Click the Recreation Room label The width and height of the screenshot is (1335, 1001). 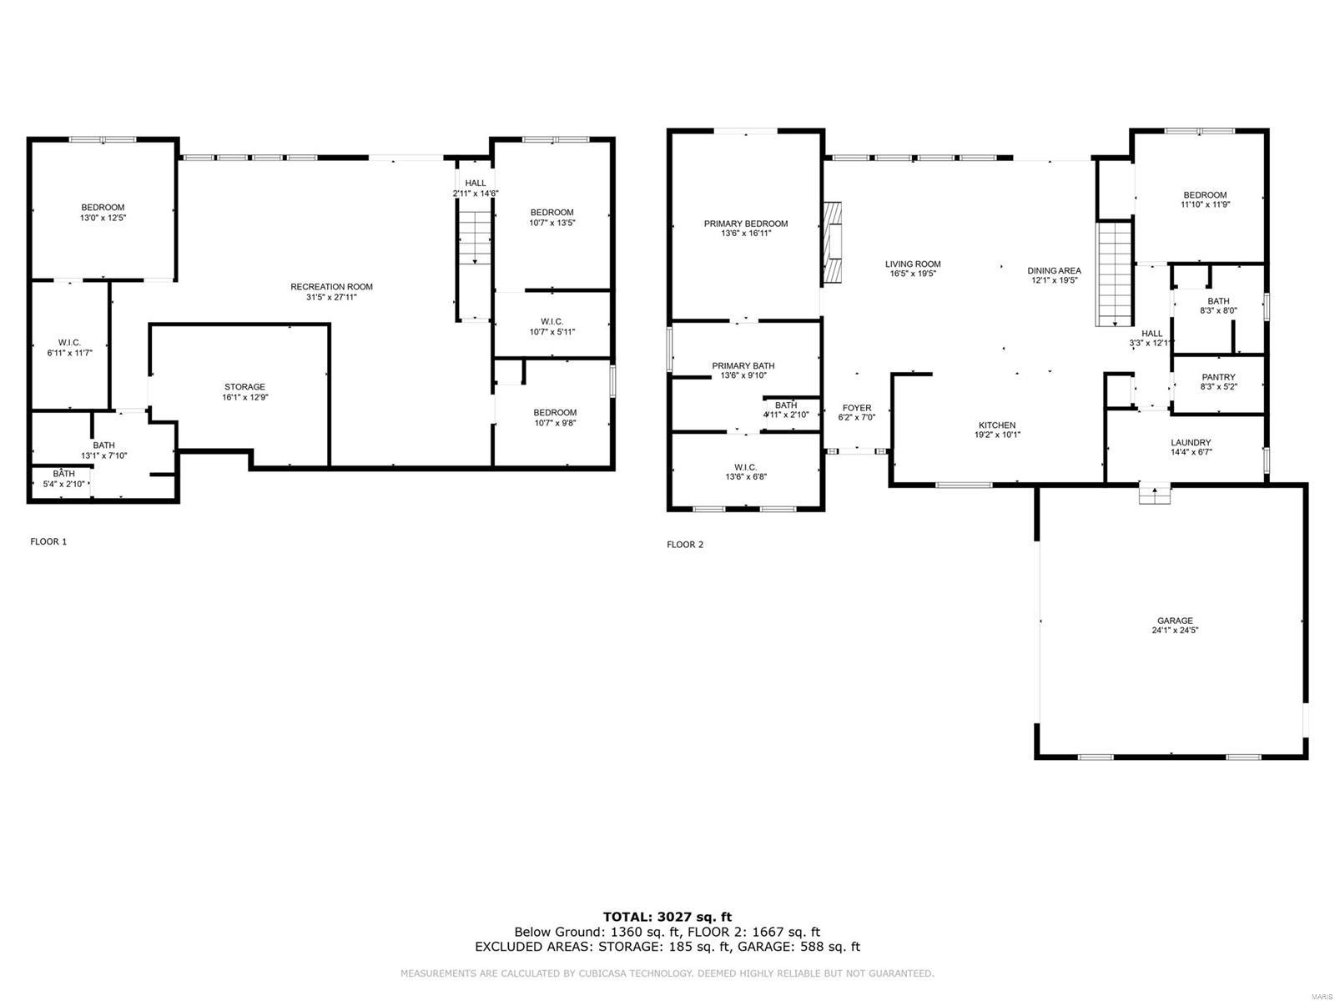(x=331, y=287)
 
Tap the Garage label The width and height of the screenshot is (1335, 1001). (x=1175, y=621)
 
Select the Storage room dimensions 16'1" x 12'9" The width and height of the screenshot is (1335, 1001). (x=244, y=398)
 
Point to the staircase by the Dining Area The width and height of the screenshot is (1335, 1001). (x=1112, y=274)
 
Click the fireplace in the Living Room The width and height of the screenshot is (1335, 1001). (x=833, y=243)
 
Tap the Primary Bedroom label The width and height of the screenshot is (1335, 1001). (x=745, y=224)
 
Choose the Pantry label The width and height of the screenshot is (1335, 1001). (x=1218, y=377)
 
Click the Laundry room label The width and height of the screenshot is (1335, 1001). (x=1191, y=443)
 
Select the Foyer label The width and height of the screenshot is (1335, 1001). (x=857, y=408)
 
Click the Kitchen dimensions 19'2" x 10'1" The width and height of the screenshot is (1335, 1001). (x=998, y=435)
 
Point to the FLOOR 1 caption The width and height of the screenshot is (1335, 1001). (x=48, y=541)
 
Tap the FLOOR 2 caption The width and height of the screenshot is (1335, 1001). (x=685, y=545)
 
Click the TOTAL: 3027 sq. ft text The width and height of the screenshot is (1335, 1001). (x=667, y=917)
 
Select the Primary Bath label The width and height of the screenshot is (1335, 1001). (x=743, y=365)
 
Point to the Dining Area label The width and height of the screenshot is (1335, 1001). (x=1054, y=270)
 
